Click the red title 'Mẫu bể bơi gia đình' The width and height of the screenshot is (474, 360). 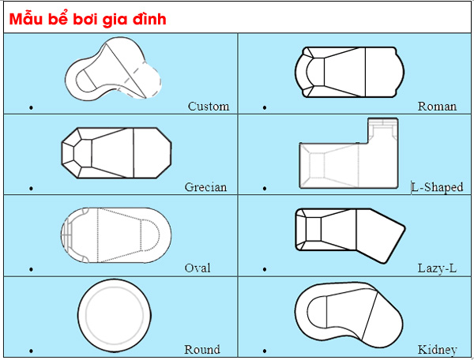[88, 19]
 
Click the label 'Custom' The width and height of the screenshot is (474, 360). [209, 107]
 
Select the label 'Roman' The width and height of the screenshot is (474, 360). [437, 107]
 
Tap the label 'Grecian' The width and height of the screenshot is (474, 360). [205, 187]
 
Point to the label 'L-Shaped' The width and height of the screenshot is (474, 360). [437, 187]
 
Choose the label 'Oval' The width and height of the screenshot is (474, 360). [197, 268]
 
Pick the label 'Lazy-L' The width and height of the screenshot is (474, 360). [437, 268]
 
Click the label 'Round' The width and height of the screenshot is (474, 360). [202, 350]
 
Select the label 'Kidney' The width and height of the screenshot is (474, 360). [437, 350]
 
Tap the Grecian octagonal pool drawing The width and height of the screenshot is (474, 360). [116, 153]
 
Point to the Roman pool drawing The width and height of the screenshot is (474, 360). [349, 72]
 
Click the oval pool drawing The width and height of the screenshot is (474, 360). [116, 235]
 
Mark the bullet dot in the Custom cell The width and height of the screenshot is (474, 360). [31, 107]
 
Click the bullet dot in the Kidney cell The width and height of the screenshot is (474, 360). [265, 351]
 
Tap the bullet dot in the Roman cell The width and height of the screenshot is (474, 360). [265, 107]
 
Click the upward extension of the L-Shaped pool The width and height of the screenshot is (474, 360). [382, 130]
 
